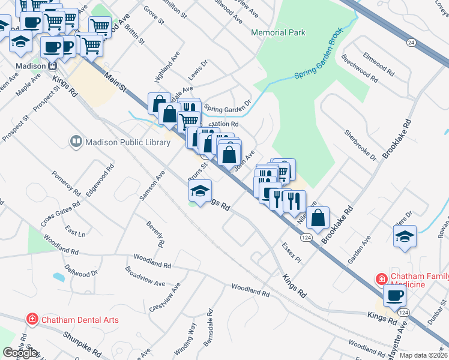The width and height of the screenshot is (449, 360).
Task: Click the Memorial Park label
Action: click(x=278, y=32)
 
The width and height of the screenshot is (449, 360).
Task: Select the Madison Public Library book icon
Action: click(x=76, y=142)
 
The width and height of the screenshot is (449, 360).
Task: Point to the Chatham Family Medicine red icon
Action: click(x=381, y=279)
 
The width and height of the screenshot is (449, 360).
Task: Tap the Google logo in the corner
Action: click(x=20, y=353)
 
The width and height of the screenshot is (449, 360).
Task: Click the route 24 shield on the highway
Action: click(x=411, y=42)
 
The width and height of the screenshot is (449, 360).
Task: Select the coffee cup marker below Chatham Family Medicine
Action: click(x=395, y=296)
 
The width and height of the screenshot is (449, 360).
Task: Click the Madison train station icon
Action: click(x=52, y=66)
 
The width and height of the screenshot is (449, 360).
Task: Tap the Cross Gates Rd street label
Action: click(x=61, y=213)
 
